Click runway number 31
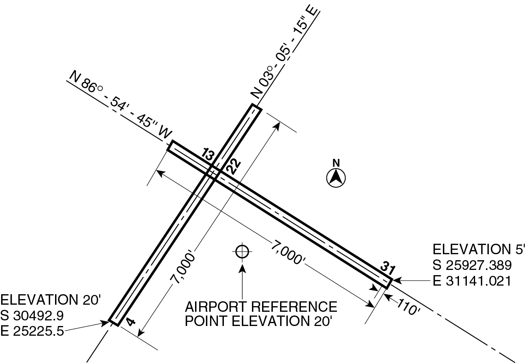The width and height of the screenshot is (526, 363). [x=388, y=268]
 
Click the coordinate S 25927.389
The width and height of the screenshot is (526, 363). [x=472, y=265]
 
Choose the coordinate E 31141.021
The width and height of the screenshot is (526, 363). [x=472, y=281]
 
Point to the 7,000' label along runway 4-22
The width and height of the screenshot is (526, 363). [x=183, y=269]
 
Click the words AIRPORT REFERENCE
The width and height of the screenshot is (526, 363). [x=261, y=307]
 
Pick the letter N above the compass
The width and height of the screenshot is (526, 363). [x=336, y=163]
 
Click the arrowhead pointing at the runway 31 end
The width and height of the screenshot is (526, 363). [x=397, y=280]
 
